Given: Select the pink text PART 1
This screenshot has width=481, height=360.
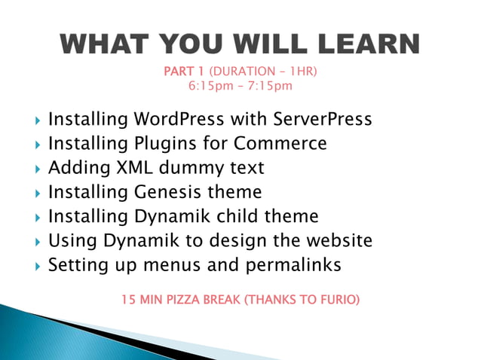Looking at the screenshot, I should tap(184, 72).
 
